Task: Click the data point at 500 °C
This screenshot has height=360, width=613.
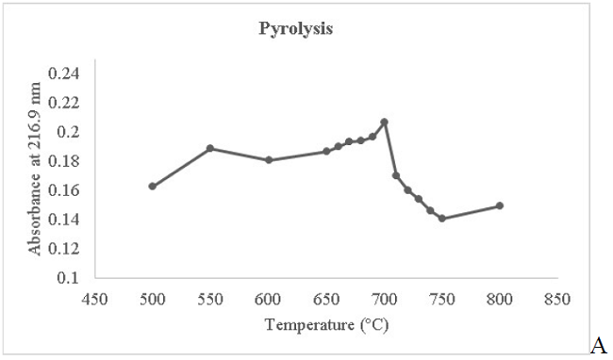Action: [x=152, y=186]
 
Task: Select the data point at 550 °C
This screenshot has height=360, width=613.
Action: [x=210, y=148]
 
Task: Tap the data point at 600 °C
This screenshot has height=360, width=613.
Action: [x=269, y=160]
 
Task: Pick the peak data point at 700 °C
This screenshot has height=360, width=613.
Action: [x=384, y=122]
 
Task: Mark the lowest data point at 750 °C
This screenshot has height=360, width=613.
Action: [x=441, y=219]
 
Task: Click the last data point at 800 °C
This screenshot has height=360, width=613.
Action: [x=500, y=205]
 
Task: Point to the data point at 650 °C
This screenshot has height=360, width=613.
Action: [x=326, y=151]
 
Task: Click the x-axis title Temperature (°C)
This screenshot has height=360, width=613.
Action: [x=326, y=325]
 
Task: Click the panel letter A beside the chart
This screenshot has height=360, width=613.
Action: [x=600, y=346]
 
